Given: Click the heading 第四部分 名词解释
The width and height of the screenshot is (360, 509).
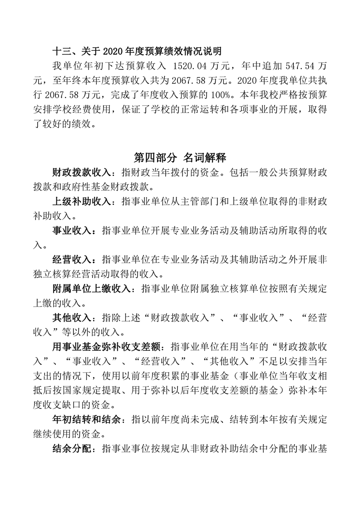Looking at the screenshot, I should coord(180,157).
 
